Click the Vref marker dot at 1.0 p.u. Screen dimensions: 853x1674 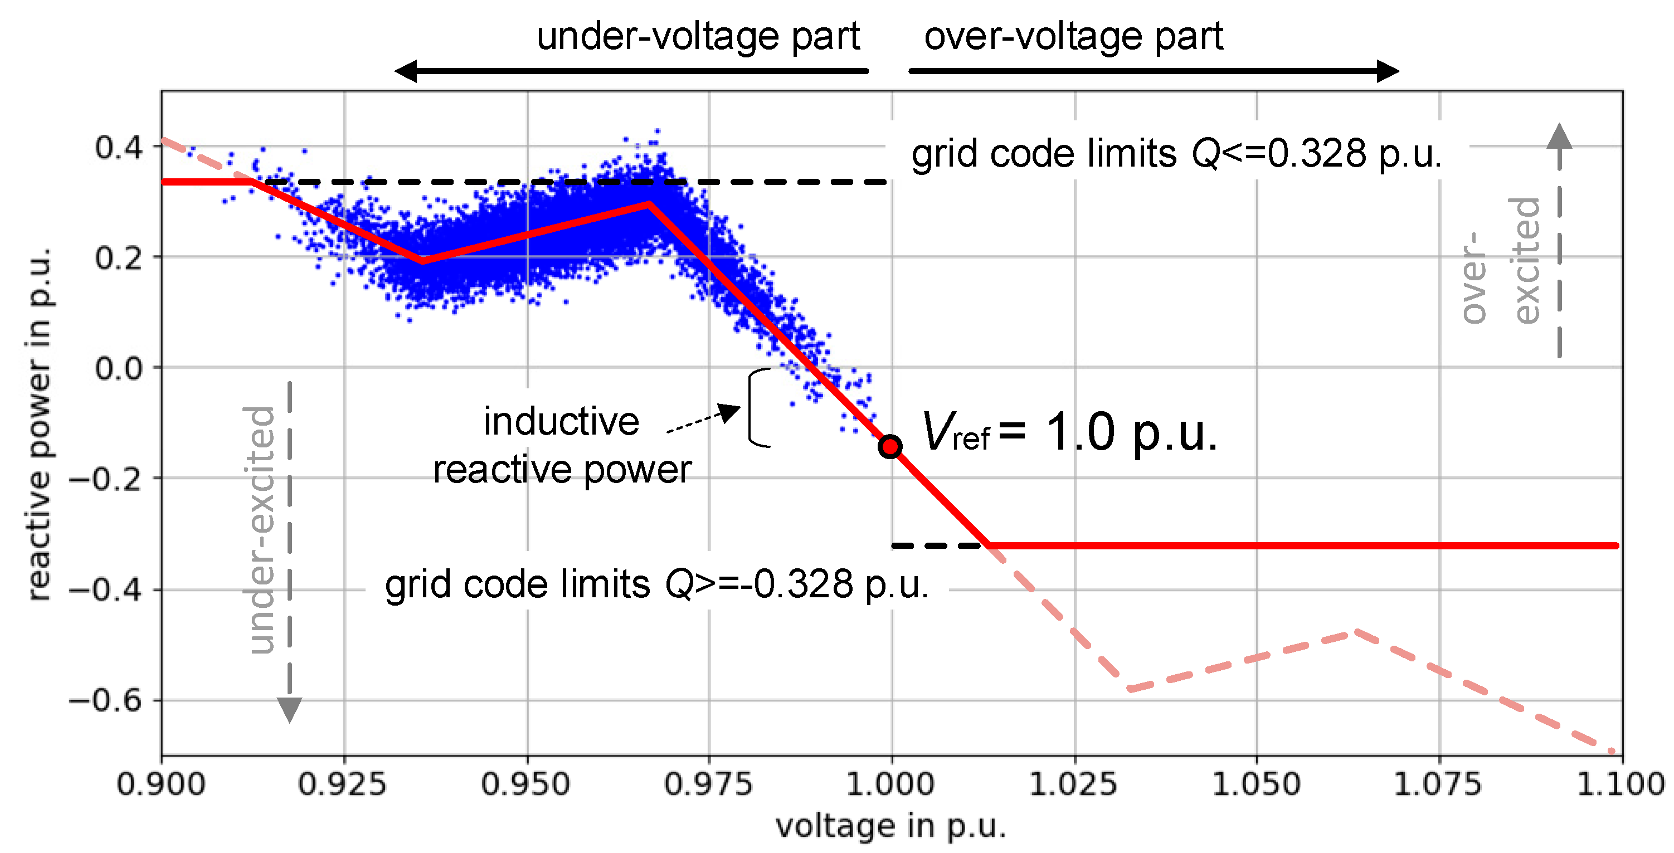coord(889,446)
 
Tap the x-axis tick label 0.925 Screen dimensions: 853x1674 coord(343,784)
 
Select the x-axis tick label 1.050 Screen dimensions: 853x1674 coord(1256,784)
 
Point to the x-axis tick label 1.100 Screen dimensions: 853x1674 coord(1620,784)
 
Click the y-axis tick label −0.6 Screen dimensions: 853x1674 coord(105,701)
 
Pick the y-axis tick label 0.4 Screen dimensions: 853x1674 coord(118,148)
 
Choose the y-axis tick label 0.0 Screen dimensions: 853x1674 coord(118,368)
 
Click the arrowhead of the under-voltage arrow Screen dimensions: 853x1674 coord(407,71)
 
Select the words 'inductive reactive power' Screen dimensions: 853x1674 coord(562,445)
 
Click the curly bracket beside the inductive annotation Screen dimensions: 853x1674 coord(757,407)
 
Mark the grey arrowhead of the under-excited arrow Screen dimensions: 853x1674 coord(289,709)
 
